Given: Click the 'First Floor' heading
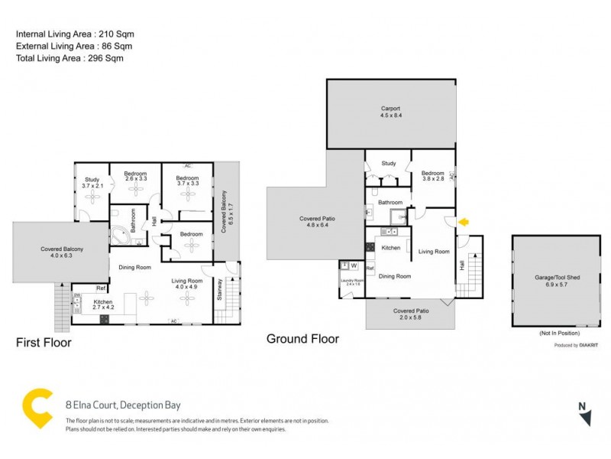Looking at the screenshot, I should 44,343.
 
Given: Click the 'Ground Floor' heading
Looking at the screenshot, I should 302,338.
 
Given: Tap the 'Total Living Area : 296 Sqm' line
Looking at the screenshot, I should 70,58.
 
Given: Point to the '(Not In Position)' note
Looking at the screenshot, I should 559,334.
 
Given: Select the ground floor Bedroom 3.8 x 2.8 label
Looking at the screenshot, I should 433,177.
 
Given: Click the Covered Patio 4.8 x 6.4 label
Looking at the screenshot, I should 316,222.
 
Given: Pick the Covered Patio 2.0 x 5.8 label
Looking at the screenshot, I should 410,314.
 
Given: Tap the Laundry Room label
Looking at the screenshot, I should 352,282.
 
